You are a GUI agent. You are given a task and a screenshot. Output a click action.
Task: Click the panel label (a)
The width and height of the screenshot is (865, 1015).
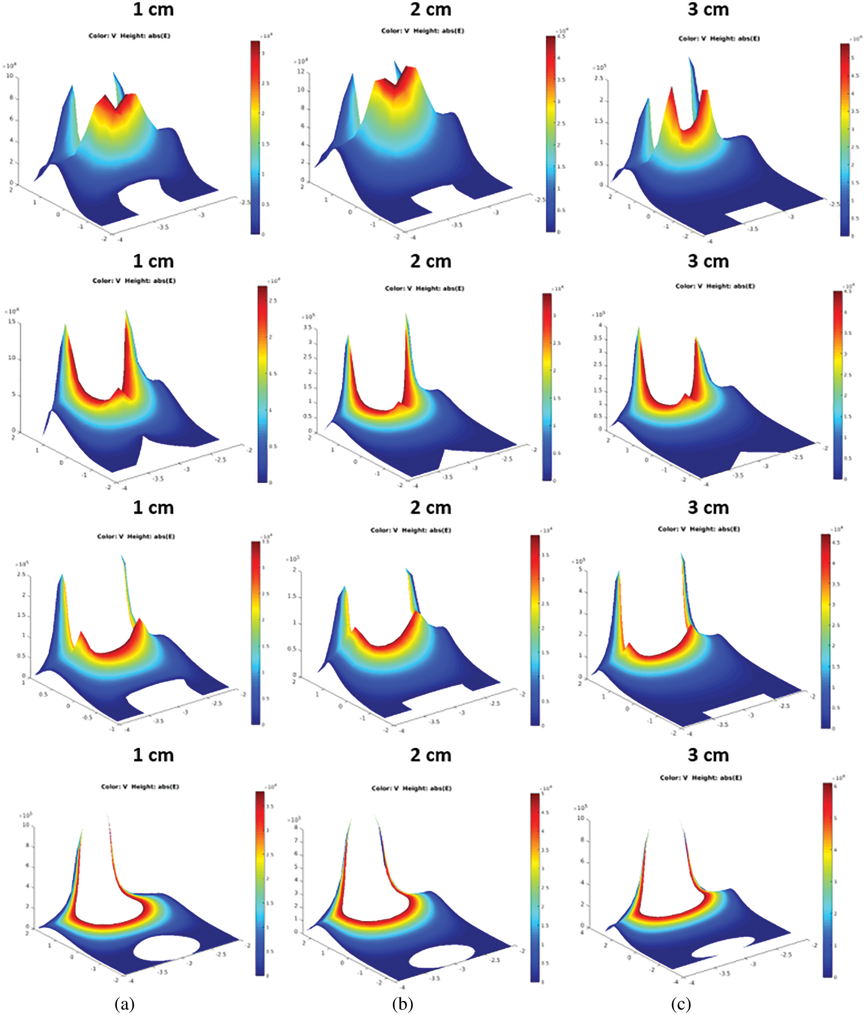(x=125, y=1004)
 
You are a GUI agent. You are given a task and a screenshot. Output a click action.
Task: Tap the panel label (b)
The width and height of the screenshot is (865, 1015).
(x=402, y=1004)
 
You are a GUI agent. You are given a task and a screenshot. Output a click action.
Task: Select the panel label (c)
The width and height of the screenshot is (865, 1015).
(x=681, y=1004)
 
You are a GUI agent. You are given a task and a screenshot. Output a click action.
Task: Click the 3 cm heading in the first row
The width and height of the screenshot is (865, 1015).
(x=708, y=9)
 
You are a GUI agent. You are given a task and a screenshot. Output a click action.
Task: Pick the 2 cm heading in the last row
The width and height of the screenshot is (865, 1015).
(x=430, y=755)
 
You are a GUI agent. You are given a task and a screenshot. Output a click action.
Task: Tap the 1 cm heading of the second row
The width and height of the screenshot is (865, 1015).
(x=153, y=261)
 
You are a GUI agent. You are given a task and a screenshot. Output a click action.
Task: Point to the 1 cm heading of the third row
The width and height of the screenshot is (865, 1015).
(x=153, y=508)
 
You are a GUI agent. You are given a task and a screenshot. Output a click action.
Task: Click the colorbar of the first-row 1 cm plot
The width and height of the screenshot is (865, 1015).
(x=255, y=137)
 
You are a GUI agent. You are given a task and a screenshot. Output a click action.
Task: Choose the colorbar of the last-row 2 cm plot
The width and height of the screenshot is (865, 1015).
(x=535, y=887)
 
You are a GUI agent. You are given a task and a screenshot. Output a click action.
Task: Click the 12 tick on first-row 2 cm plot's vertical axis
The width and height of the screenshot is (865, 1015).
(x=301, y=71)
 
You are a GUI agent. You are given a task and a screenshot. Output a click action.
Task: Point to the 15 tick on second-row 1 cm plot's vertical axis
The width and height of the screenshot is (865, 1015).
(x=12, y=322)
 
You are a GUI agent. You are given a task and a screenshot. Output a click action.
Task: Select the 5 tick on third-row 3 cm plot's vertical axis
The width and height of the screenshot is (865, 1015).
(x=581, y=569)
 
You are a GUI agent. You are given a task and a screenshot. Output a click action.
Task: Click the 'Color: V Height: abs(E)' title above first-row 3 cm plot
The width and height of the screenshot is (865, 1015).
(x=719, y=38)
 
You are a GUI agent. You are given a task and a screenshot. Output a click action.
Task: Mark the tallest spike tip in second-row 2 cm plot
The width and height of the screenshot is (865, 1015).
(x=406, y=315)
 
